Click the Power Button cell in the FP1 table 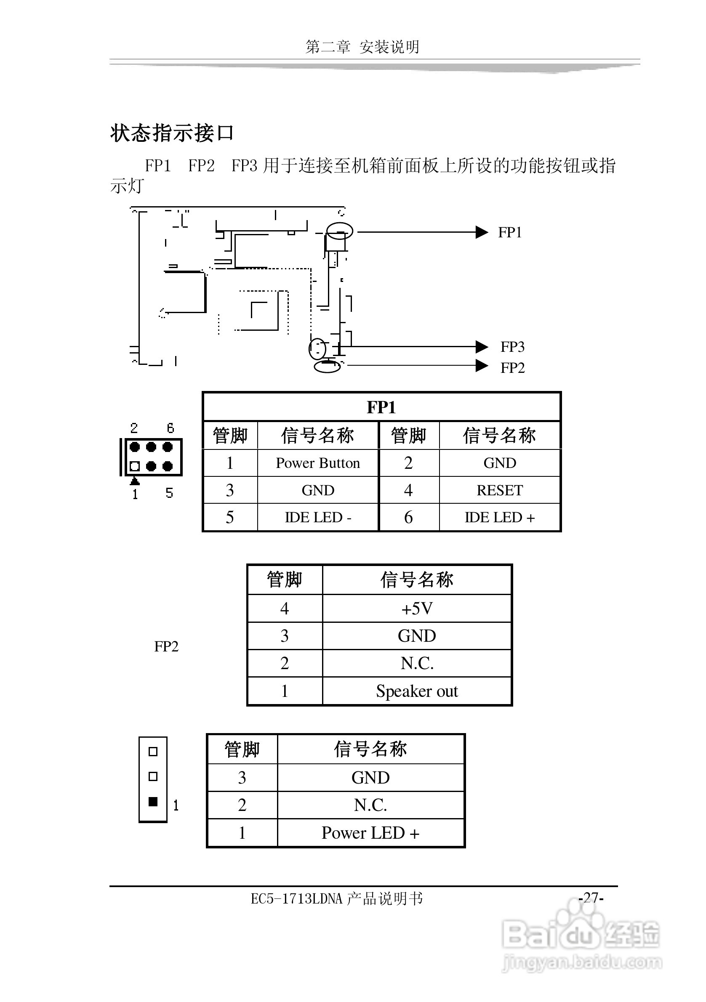click(x=317, y=463)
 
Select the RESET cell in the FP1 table click(x=499, y=490)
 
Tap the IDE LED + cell click(x=499, y=518)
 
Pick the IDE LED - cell click(x=317, y=518)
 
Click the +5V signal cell click(x=416, y=609)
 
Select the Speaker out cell click(x=416, y=691)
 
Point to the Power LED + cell click(x=370, y=833)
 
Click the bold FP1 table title click(x=381, y=407)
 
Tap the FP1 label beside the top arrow click(x=510, y=233)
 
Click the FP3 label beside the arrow click(x=512, y=347)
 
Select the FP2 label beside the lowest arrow click(x=512, y=368)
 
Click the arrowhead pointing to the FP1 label click(x=482, y=232)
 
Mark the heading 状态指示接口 click(x=172, y=133)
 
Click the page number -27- click(x=591, y=898)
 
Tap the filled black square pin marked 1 click(x=153, y=802)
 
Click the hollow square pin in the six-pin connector click(x=135, y=466)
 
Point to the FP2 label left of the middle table click(x=166, y=646)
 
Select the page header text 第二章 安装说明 click(x=362, y=47)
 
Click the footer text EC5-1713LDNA click(x=297, y=898)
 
